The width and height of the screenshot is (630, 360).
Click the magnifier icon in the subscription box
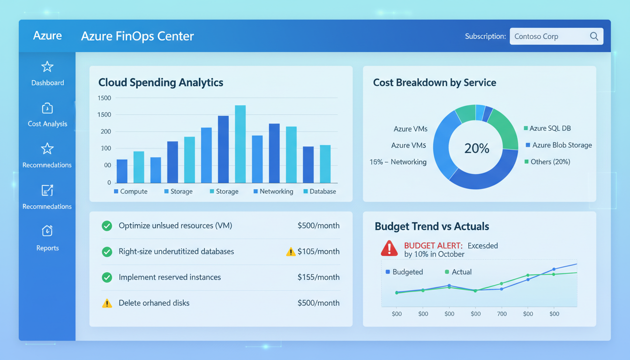pos(594,37)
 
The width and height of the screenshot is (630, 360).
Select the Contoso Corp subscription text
pos(536,37)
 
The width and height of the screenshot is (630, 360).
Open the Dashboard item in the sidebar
pos(47,74)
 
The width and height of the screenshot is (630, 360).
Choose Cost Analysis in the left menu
pos(47,115)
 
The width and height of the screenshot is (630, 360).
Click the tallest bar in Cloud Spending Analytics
pos(240,144)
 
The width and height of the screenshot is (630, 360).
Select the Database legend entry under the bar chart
pos(320,191)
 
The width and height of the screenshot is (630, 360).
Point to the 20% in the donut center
pos(477,149)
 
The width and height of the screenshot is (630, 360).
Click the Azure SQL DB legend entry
pos(547,128)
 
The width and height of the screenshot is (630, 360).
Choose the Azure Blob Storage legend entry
pos(559,145)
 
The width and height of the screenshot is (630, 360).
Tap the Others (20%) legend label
pos(547,162)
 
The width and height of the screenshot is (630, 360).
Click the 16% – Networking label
pos(398,162)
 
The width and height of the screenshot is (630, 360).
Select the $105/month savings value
pos(318,252)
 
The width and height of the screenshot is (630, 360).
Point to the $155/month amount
pos(318,277)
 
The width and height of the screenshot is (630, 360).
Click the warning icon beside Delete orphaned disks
pos(107,303)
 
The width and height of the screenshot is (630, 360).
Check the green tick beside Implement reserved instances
pos(107,277)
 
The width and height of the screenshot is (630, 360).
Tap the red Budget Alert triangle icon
pos(389,248)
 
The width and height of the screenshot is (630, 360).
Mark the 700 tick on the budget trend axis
pos(502,314)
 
